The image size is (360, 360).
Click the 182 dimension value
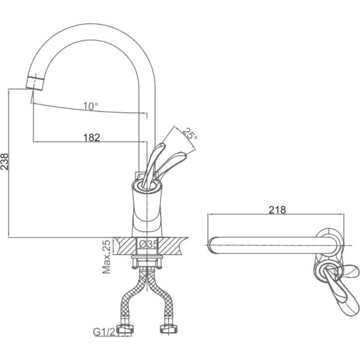(x=92, y=137)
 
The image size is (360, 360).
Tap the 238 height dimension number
(x=4, y=162)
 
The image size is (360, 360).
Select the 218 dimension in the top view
(x=277, y=210)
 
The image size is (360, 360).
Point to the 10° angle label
(x=91, y=106)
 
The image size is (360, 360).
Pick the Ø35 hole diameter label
(x=148, y=244)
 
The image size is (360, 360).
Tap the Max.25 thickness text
(x=107, y=257)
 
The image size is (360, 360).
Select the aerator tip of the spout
(x=35, y=82)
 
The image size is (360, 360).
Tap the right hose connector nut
(x=168, y=329)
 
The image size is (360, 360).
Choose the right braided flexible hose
(x=161, y=296)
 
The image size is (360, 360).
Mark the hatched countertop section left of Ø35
(x=125, y=246)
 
